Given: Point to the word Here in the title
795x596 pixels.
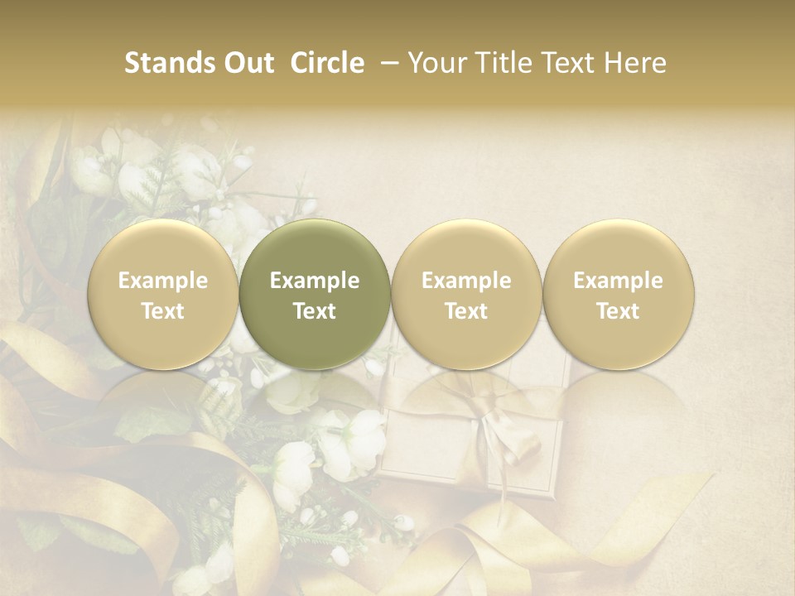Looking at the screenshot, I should (635, 63).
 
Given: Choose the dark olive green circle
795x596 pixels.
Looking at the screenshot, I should (315, 294).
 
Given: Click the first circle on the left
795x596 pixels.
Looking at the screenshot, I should (163, 294).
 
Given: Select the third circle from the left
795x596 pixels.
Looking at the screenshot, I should (466, 294).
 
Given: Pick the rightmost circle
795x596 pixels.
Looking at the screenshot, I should (618, 294).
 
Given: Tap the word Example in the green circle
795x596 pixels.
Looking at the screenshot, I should (315, 281).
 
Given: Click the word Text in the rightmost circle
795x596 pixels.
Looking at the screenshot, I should (618, 311).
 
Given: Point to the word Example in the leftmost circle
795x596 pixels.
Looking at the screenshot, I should (163, 281).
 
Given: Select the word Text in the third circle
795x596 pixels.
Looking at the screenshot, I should (466, 311).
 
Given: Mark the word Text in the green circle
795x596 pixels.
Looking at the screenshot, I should (315, 311).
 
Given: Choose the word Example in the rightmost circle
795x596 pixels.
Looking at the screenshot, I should (618, 281).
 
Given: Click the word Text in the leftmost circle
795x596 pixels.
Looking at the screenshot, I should (163, 311).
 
